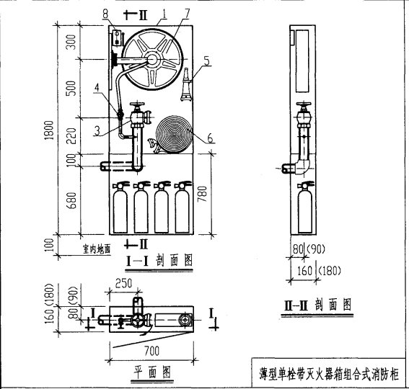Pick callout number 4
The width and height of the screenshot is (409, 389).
pos(99,89)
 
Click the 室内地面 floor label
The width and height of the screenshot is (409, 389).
pos(94,248)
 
